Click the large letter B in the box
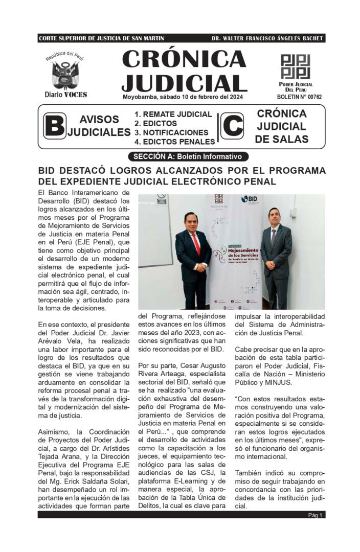pyautogui.click(x=54, y=127)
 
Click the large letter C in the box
pyautogui.click(x=232, y=127)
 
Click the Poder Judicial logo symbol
pyautogui.click(x=295, y=66)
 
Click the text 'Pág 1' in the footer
pyautogui.click(x=315, y=515)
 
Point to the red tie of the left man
pyautogui.click(x=197, y=243)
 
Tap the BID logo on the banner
pyautogui.click(x=251, y=199)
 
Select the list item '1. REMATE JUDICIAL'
pyautogui.click(x=173, y=114)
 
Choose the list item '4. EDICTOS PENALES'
pyautogui.click(x=174, y=142)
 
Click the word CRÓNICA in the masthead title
pyautogui.click(x=184, y=59)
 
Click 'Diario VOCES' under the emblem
pyautogui.click(x=65, y=95)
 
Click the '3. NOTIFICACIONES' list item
pyautogui.click(x=171, y=132)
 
